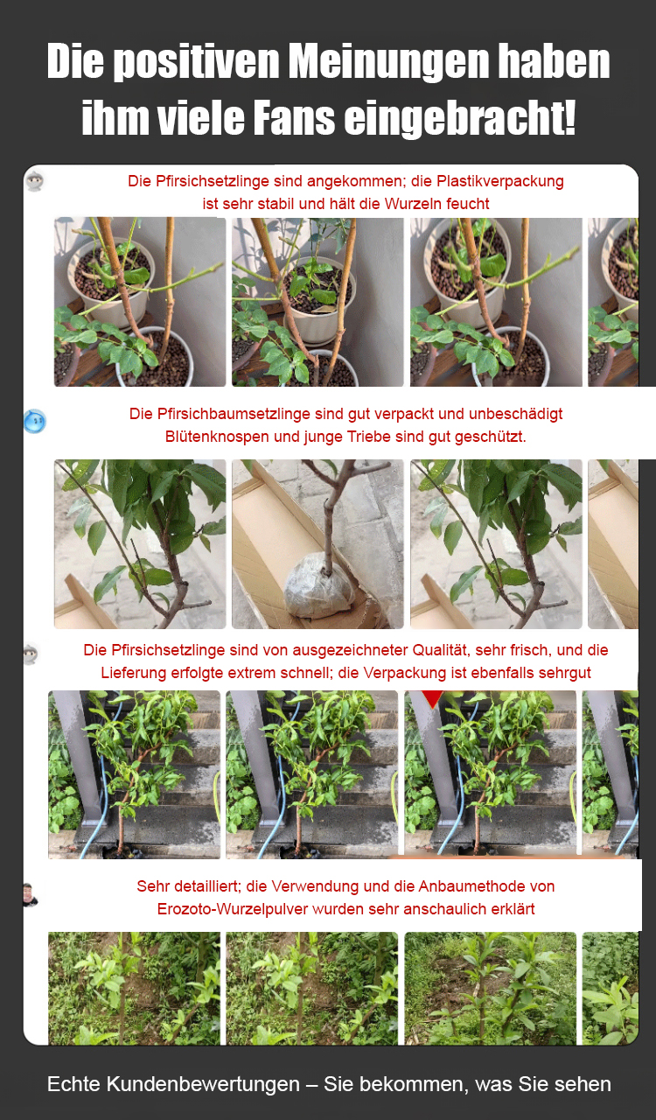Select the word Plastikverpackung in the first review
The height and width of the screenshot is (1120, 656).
pos(500,181)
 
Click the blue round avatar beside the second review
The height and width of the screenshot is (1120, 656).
pos(35,421)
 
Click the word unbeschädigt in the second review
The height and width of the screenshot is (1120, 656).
pos(516,414)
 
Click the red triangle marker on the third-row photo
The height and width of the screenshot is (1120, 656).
pos(432,698)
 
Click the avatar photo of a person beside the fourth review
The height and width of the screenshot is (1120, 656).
pos(31,895)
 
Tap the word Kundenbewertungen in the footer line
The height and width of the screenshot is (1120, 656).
pos(203,1084)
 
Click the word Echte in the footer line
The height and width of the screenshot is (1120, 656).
pos(74,1084)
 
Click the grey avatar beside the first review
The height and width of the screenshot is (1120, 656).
pos(34,181)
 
